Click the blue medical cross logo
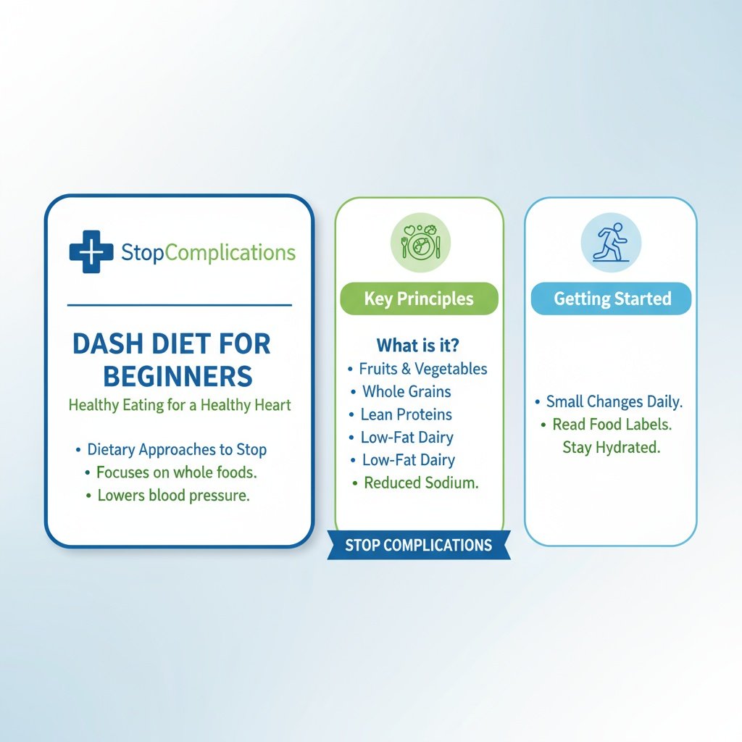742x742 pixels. pos(91,252)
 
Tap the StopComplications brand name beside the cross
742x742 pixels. pos(209,252)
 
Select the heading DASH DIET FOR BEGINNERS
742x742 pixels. pos(172,360)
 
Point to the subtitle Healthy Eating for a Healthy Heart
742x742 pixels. pos(180,405)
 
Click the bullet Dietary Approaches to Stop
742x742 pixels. pos(177,449)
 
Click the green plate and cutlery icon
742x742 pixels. pos(420,243)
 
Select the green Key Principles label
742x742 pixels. pos(419,299)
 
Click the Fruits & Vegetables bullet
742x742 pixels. pos(423,369)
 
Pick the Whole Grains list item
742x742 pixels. pos(407,392)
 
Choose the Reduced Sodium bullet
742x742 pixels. pos(421,483)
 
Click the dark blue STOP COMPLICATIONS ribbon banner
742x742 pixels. pos(418,546)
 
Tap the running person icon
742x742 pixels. pos(611,243)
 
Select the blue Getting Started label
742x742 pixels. pos(612,299)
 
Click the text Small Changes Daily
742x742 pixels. pos(614,401)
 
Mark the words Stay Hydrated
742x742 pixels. pos(612,447)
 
